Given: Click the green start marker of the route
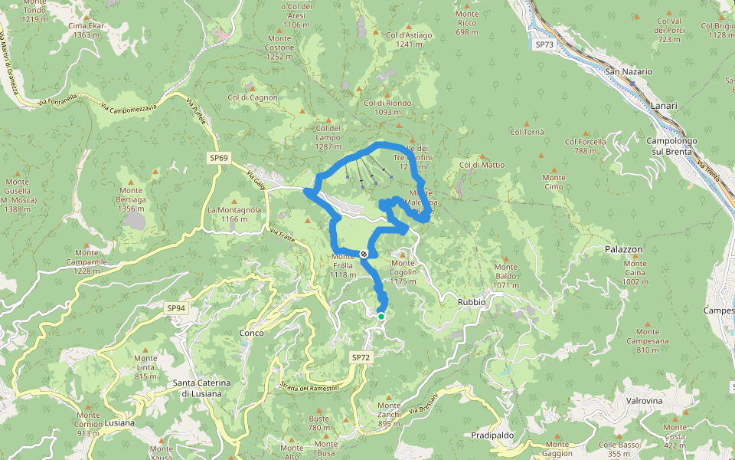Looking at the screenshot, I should click(x=381, y=316).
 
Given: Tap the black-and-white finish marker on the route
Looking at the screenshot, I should click(x=364, y=254).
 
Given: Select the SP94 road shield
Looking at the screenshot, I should click(x=175, y=308).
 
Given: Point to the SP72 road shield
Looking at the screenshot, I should click(x=361, y=358).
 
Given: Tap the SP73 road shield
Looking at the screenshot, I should click(x=544, y=44).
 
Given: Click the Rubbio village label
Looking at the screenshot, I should click(x=472, y=302).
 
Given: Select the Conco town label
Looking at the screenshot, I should click(x=252, y=333).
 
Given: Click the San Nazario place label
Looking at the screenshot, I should click(x=629, y=71).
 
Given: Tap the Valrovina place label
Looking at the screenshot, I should click(x=643, y=400).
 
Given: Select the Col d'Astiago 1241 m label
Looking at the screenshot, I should click(x=410, y=40).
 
